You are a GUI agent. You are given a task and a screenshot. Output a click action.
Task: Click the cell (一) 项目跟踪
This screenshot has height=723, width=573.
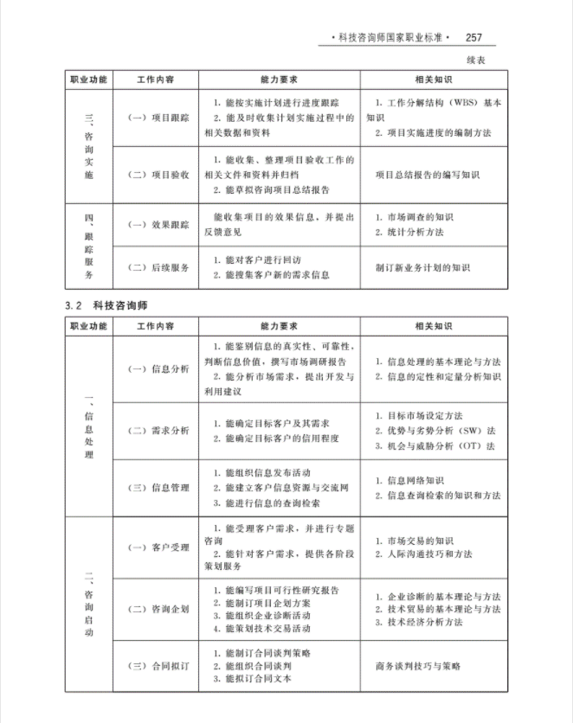[158, 118]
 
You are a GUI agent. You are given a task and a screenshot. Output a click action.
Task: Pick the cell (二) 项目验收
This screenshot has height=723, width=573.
[158, 174]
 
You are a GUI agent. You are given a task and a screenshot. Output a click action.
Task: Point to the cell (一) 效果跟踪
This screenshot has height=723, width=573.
[158, 225]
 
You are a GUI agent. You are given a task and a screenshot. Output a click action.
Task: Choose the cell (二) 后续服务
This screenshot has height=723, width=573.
[158, 267]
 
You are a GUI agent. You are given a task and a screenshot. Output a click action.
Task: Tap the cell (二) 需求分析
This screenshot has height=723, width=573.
[158, 430]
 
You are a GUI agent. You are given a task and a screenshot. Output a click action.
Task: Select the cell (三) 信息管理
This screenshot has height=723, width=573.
[158, 488]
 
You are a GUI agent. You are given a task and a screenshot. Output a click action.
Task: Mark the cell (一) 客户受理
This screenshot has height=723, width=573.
[158, 547]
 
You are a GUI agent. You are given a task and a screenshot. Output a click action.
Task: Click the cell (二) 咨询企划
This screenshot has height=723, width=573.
[158, 609]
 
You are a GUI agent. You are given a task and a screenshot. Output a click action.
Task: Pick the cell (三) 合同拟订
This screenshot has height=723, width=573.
[158, 666]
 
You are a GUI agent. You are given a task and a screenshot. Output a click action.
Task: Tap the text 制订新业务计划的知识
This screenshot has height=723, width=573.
[423, 268]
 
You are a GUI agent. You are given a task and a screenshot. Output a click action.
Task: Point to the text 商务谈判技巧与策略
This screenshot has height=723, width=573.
[418, 666]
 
